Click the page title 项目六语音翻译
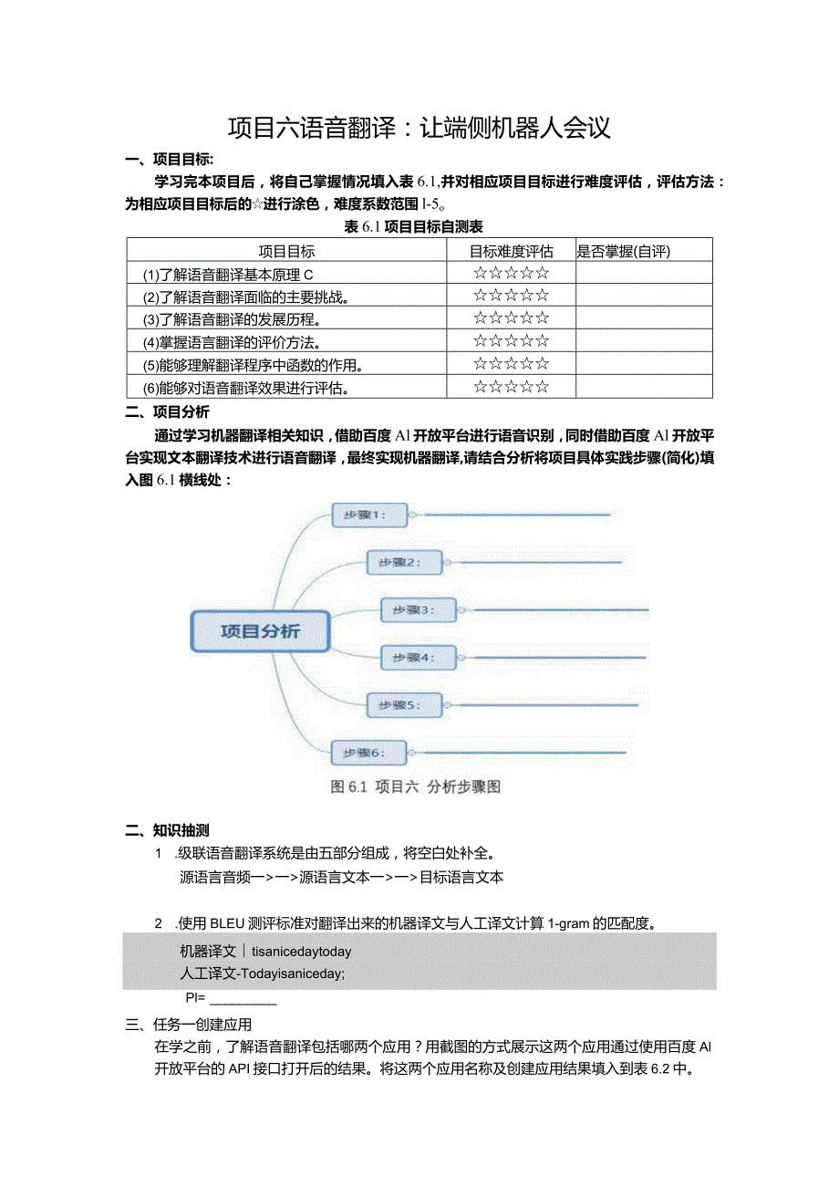coord(418,128)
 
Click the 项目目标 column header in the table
coord(287,251)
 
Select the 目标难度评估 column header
coord(511,251)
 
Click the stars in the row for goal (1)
coord(511,273)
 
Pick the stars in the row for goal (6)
coord(511,387)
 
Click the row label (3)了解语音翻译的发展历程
coord(235,319)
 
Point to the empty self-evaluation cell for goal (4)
coord(643,341)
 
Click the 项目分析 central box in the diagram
coord(260,631)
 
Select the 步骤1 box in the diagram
coord(365,515)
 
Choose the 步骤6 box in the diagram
coord(365,753)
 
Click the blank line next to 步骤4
coord(547,657)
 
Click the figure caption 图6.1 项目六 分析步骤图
coord(415,787)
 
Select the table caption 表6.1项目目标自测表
coord(413,227)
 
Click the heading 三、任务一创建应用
coord(189,1025)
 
